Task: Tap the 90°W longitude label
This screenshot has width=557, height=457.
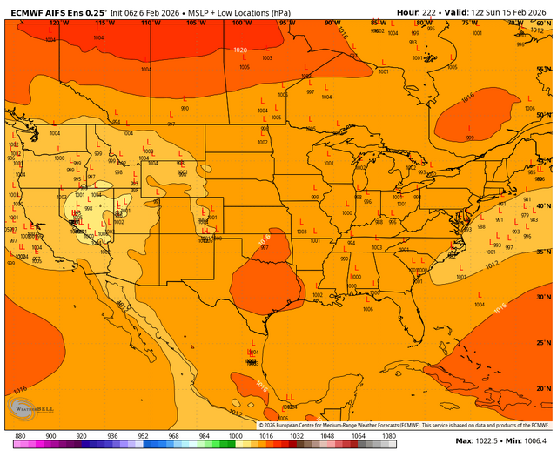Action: pos(332,24)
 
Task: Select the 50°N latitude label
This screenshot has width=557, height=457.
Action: pos(541,115)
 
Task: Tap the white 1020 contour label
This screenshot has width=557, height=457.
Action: pos(241,50)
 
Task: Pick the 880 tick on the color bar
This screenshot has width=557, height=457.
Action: pos(20,434)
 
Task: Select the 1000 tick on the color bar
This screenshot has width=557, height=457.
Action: pos(235,434)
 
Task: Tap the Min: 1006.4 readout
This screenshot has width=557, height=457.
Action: pos(528,443)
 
